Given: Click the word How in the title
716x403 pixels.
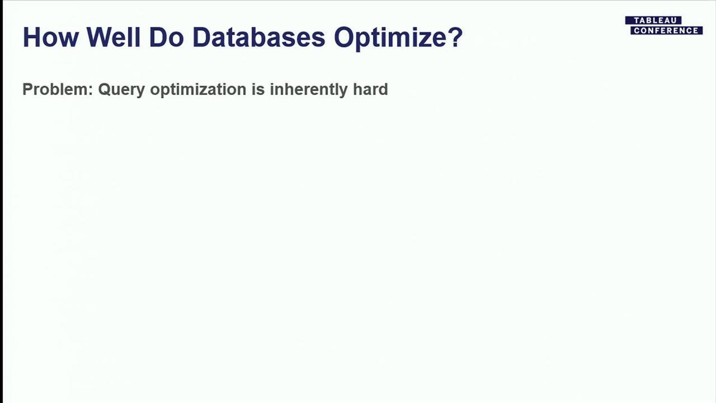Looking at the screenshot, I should [50, 37].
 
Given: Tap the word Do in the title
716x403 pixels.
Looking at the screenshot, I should [166, 37].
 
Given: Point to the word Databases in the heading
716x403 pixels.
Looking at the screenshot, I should [258, 37].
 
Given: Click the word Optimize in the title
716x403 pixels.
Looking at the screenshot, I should [390, 38].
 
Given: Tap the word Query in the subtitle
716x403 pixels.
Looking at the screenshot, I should [121, 90].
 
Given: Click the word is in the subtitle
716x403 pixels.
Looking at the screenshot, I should [258, 90].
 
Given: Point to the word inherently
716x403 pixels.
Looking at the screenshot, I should [308, 90].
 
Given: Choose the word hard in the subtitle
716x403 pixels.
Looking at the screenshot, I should [370, 90].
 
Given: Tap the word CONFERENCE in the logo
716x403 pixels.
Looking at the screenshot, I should [666, 31].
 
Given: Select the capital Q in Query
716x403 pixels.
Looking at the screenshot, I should [105, 90].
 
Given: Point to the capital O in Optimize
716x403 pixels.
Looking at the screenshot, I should [344, 37].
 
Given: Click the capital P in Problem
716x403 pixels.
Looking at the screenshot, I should [27, 90].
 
